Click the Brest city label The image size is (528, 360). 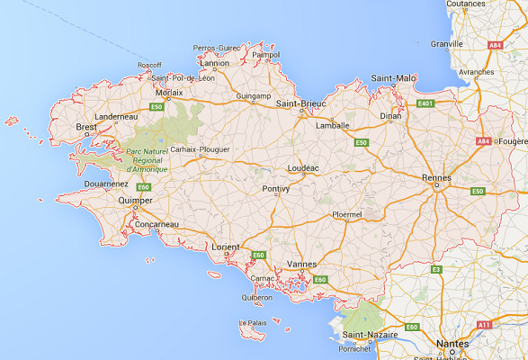click(x=85, y=127)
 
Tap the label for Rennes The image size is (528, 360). click(x=436, y=177)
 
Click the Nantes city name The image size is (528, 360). click(x=452, y=344)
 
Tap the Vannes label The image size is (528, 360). click(x=300, y=263)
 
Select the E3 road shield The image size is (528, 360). click(x=436, y=269)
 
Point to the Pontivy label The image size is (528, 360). click(x=275, y=189)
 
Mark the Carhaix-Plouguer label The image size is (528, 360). click(x=201, y=149)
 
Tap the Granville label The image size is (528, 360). click(x=447, y=43)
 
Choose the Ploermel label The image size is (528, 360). click(x=345, y=215)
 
